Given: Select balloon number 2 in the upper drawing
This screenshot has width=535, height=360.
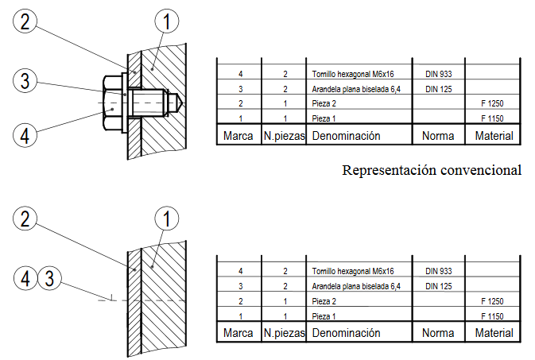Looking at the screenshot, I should (26, 22).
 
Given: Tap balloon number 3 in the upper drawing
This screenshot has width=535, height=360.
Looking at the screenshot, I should (26, 80).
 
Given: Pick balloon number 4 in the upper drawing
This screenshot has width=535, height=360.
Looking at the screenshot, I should (26, 135).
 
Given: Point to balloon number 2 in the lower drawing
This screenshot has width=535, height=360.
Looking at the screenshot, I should (26, 218).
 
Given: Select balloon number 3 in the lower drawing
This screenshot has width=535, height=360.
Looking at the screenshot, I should (49, 277).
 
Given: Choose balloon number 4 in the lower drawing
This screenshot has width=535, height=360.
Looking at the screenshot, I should (26, 277).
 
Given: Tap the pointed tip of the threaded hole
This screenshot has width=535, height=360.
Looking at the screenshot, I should (183, 103).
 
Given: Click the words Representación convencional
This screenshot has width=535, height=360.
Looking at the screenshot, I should (432, 169).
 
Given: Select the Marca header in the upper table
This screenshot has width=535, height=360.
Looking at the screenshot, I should (238, 136).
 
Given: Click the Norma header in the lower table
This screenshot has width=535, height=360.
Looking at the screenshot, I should (438, 332).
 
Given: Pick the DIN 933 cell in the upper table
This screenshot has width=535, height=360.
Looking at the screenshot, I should (438, 74).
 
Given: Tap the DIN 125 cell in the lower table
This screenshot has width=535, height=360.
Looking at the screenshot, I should (438, 285).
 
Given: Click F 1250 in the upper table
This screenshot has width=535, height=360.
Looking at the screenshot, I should (493, 104).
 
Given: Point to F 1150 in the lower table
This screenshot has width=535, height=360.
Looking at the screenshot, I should (493, 315).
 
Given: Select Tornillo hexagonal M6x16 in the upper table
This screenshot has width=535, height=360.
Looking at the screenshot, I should (353, 74).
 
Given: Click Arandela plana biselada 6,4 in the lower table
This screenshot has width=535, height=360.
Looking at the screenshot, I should (355, 285).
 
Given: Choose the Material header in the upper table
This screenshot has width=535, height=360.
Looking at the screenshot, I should (494, 136).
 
